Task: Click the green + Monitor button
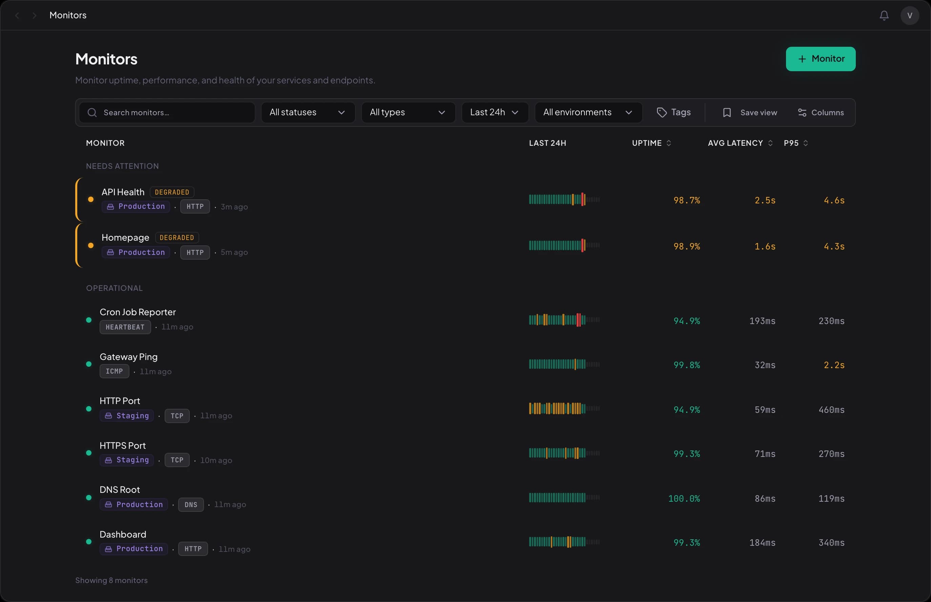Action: (820, 59)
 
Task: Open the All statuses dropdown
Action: (308, 113)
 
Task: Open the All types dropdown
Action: (408, 113)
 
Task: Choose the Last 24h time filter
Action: (495, 113)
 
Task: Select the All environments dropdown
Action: (588, 113)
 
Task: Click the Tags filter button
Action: (674, 113)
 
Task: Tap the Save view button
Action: (750, 113)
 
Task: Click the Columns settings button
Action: (821, 113)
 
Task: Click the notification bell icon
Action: (884, 15)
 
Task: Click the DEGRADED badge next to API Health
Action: (172, 192)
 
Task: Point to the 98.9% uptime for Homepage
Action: (686, 247)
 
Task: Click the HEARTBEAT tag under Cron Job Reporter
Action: (125, 327)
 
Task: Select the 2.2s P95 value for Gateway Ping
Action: (834, 365)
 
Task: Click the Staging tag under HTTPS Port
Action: (127, 460)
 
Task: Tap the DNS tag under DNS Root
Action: (191, 505)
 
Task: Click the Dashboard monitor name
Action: (123, 534)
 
